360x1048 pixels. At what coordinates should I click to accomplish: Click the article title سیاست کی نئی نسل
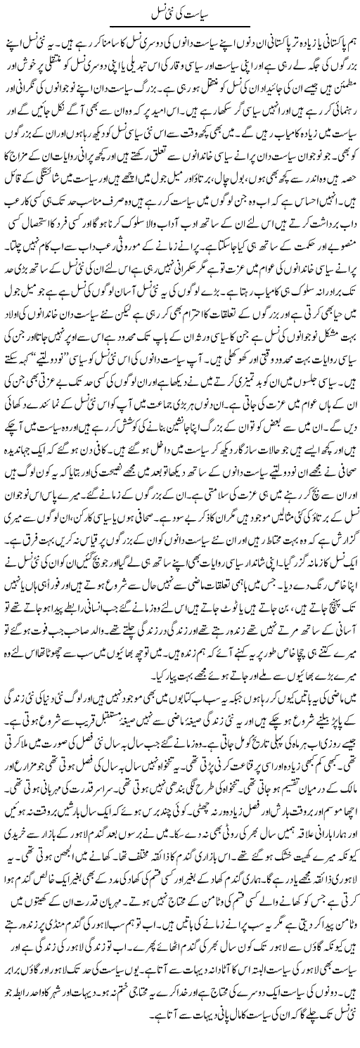tap(179, 12)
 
